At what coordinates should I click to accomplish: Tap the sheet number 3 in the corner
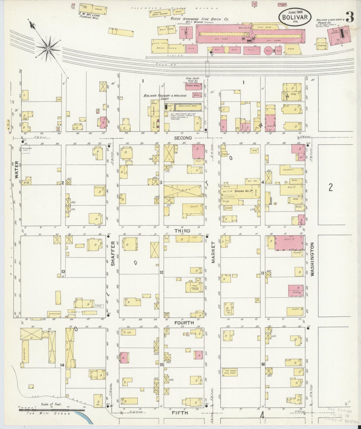point(350,17)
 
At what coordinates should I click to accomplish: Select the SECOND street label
point(183,138)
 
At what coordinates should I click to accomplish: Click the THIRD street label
point(182,231)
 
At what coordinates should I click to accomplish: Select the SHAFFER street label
point(112,253)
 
